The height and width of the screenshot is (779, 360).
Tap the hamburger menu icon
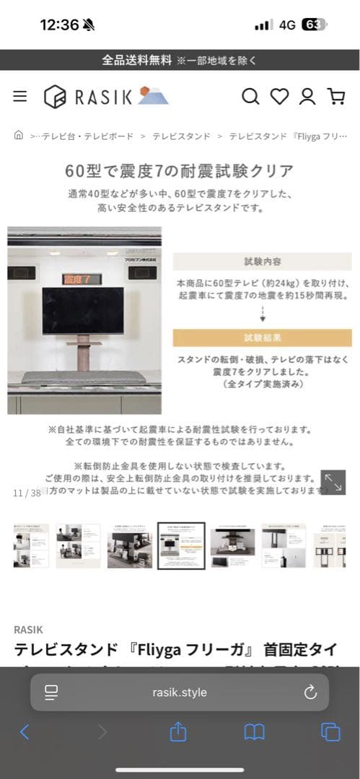(20, 96)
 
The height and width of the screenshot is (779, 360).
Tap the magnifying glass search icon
(250, 96)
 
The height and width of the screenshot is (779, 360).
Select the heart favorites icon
(279, 96)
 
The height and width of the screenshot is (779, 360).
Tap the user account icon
(307, 96)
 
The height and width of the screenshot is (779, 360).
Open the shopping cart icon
(335, 96)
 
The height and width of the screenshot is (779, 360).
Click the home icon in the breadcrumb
(19, 135)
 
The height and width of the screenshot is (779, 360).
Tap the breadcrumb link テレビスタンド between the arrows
(181, 136)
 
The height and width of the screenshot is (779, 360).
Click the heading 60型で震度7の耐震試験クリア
(180, 171)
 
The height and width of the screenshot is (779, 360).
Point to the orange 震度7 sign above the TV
(82, 279)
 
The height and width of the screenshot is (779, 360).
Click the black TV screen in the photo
(82, 310)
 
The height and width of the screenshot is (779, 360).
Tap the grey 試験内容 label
(262, 261)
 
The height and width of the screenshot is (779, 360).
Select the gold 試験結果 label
(262, 338)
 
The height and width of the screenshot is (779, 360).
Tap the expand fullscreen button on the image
(333, 482)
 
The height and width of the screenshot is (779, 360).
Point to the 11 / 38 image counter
(27, 493)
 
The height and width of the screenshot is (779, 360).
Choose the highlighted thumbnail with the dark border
(181, 546)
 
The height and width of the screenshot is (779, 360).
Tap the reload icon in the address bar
(310, 692)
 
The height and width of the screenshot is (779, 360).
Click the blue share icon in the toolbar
(178, 732)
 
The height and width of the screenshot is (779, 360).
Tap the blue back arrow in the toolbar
(25, 732)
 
